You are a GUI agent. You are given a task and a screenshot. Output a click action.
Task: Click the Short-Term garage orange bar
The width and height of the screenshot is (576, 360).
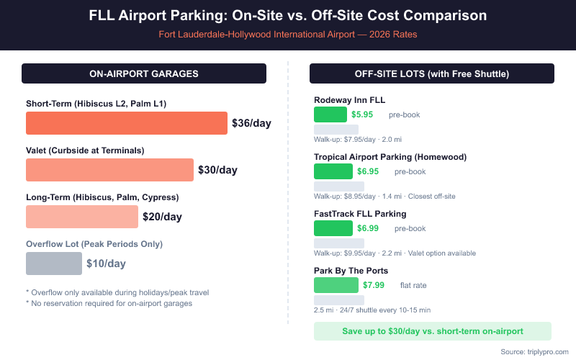127,123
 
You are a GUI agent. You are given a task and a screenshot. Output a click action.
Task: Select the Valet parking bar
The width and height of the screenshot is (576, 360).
109,170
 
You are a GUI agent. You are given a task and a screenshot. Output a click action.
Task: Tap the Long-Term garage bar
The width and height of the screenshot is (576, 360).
81,217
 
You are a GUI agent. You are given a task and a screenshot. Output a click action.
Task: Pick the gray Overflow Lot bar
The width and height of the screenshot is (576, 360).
54,264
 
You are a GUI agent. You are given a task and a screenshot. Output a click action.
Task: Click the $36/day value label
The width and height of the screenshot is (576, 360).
251,123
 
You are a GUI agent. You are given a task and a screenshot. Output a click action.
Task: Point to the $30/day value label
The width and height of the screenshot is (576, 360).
217,170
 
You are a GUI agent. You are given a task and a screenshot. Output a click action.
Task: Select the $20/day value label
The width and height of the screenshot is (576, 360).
162,217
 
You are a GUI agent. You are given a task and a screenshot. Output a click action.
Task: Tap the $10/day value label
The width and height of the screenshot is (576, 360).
106,264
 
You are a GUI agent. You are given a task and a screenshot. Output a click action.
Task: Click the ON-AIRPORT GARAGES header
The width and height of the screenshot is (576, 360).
144,73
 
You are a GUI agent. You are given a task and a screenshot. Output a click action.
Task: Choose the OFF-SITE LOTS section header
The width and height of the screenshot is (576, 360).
432,73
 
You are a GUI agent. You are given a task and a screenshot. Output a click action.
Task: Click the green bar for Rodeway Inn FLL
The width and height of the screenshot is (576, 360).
330,114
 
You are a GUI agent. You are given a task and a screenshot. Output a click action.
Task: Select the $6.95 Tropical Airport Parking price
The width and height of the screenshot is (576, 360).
368,171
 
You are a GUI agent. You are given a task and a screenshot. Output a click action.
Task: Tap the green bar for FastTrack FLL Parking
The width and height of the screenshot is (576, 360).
333,228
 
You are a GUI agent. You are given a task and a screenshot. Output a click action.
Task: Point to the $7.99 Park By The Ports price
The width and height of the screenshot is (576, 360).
374,285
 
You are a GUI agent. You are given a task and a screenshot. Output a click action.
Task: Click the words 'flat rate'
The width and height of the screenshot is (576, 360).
413,285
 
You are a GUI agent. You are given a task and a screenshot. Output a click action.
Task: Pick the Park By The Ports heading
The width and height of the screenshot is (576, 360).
351,271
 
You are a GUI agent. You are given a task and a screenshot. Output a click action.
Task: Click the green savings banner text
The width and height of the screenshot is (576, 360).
432,331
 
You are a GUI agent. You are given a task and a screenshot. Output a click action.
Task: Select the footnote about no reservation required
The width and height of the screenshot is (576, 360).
109,303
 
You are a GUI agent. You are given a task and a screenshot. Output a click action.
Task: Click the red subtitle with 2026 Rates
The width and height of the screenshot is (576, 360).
288,34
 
